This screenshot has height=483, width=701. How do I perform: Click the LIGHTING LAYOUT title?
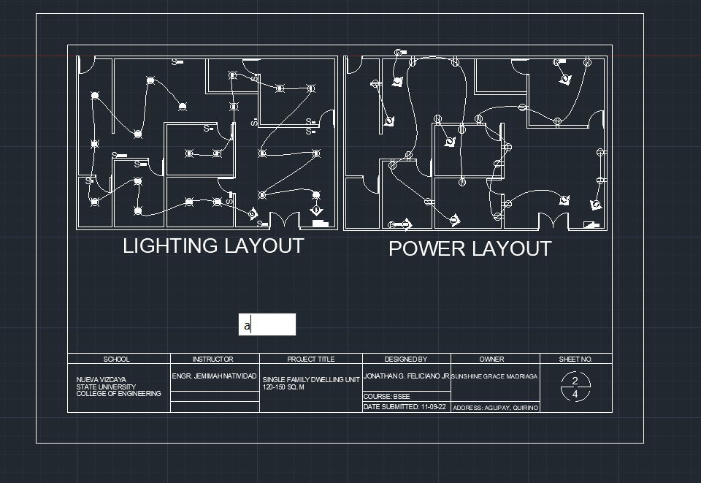(212, 246)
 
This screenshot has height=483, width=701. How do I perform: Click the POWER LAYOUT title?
(470, 249)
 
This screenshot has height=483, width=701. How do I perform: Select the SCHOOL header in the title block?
(117, 360)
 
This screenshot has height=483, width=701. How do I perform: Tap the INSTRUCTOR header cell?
(212, 360)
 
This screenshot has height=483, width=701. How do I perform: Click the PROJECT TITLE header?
(311, 360)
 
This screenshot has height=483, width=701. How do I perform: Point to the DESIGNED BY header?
(406, 360)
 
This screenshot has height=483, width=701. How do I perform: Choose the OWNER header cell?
(491, 360)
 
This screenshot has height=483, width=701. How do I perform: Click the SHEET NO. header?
(575, 360)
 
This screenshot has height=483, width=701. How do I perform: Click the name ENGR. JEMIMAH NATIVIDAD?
(214, 377)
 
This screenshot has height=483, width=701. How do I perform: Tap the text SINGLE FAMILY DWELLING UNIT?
(311, 381)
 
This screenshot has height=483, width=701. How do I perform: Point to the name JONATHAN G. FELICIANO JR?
(407, 377)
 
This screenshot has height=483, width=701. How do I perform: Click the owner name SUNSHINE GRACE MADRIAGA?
(494, 377)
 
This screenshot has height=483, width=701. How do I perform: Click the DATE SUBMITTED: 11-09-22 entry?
(405, 407)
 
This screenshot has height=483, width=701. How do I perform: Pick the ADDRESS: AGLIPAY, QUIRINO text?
(496, 408)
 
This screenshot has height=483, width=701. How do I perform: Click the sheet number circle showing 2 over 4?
(575, 387)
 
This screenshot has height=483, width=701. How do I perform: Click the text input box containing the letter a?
(267, 324)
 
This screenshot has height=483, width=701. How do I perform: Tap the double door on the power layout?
(553, 221)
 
